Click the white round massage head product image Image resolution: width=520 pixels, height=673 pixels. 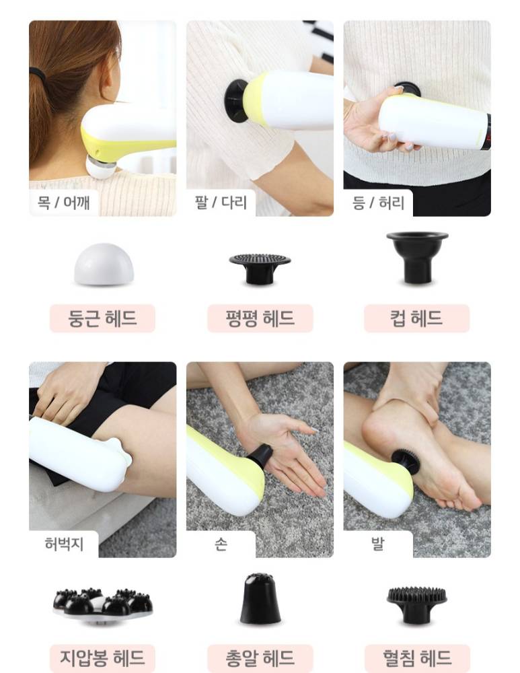104,264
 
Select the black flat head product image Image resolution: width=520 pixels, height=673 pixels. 260,269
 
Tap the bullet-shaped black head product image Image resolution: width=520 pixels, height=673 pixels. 260,598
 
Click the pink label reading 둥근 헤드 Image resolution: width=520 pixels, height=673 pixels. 102,318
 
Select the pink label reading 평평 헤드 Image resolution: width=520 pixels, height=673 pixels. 260,318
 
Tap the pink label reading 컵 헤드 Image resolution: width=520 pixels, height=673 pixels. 416,318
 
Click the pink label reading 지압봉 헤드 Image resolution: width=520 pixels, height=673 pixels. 102,658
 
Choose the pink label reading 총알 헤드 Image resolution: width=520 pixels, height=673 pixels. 260,658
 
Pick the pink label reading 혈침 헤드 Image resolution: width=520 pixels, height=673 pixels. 417,658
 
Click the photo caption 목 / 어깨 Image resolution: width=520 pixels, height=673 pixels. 63,202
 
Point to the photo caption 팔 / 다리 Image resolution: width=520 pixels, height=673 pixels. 221,202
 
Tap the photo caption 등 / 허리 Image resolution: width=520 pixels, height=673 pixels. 378,203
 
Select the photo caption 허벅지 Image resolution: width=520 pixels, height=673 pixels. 64,544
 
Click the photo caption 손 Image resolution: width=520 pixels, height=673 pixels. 221,544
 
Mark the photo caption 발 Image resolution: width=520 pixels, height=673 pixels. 378,544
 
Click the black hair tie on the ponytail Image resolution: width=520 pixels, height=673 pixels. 38,75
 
